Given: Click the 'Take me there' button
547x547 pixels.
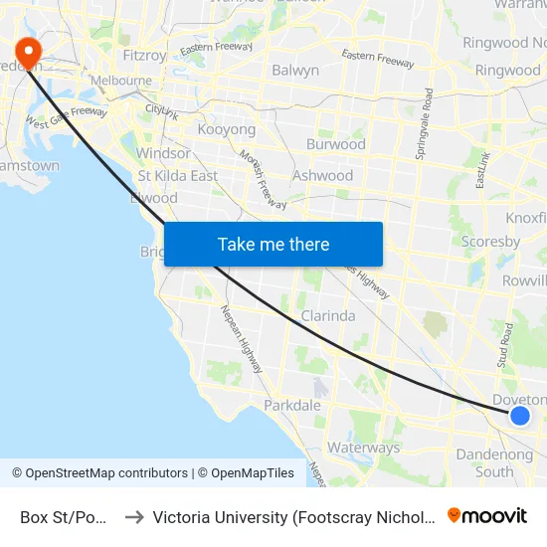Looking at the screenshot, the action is tap(273, 244).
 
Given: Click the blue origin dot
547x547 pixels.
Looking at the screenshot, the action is tap(519, 415).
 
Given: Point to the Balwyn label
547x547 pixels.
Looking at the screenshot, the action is tap(295, 71).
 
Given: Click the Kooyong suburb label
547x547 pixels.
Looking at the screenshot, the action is tap(227, 130).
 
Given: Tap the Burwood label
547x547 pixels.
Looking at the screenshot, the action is tap(335, 144).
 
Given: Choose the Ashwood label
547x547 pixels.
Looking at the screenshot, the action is tap(322, 176).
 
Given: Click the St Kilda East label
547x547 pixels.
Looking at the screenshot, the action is tap(178, 176).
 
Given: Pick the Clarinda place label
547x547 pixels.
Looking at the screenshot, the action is tap(328, 316).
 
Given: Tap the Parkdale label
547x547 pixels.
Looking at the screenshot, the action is tap(292, 406).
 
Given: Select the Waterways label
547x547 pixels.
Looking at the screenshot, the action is tap(363, 448).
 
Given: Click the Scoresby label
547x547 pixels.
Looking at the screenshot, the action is tap(491, 242).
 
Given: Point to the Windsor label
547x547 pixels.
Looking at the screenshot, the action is tap(163, 154).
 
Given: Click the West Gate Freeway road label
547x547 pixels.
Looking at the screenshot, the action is tap(66, 118).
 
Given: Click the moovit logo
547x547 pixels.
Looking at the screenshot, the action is tap(487, 515).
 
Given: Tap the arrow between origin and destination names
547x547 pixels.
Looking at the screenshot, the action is tap(134, 517).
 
